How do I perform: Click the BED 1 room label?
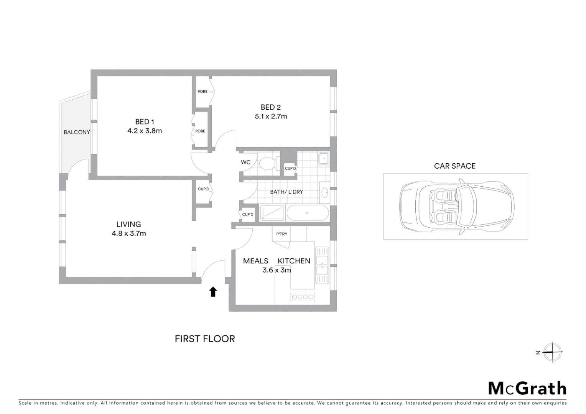pyautogui.click(x=145, y=122)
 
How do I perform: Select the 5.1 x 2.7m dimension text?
pyautogui.click(x=271, y=117)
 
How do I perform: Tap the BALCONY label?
pyautogui.click(x=77, y=132)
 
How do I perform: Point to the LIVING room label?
pyautogui.click(x=128, y=224)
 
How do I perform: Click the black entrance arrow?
pyautogui.click(x=213, y=292)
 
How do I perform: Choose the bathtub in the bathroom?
pyautogui.click(x=308, y=213)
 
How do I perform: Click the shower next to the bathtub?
pyautogui.click(x=272, y=213)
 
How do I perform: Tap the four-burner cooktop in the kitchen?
pyautogui.click(x=302, y=297)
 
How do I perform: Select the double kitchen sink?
pyautogui.click(x=322, y=264)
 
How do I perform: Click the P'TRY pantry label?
pyautogui.click(x=281, y=234)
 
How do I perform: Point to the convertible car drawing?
pyautogui.click(x=456, y=206)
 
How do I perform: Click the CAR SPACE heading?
pyautogui.click(x=454, y=166)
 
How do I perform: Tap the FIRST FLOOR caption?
pyautogui.click(x=205, y=339)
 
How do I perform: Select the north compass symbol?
pyautogui.click(x=552, y=352)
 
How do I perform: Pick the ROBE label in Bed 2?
pyautogui.click(x=202, y=92)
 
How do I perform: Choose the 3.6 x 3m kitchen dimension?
pyautogui.click(x=277, y=270)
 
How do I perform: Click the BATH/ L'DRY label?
pyautogui.click(x=286, y=192)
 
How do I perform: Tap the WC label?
pyautogui.click(x=245, y=162)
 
